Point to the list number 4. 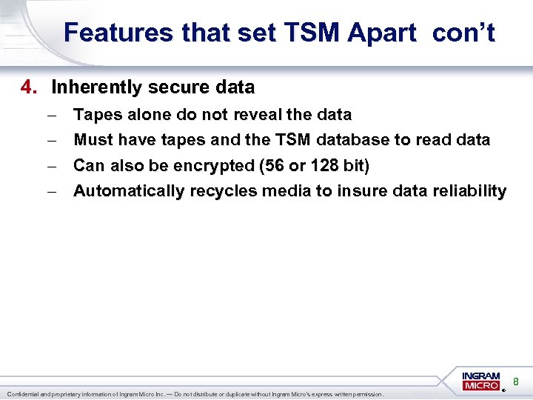click(x=28, y=87)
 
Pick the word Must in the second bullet click(x=93, y=139)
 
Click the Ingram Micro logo click(x=482, y=381)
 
